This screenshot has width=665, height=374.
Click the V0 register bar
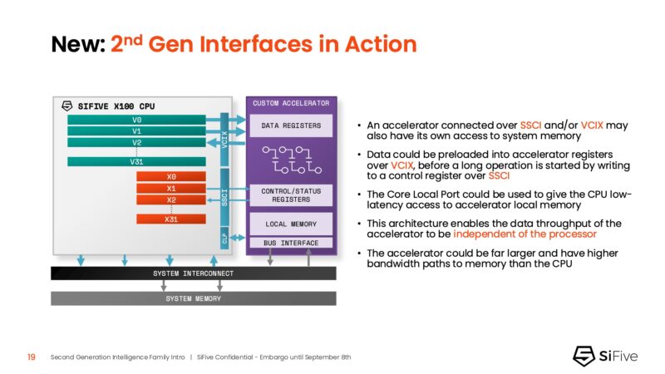(x=135, y=120)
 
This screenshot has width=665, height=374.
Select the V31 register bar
(x=135, y=161)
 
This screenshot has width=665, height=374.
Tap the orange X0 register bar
(x=171, y=177)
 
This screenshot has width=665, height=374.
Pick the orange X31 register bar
(x=171, y=219)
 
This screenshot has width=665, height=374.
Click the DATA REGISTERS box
(x=291, y=125)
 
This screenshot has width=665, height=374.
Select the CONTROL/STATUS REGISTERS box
(x=291, y=195)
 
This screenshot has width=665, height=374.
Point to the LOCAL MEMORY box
(x=291, y=224)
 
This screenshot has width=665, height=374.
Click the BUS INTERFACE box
(x=291, y=243)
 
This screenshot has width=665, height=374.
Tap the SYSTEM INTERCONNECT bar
(x=193, y=273)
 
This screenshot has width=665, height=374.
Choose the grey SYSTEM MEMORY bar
(x=193, y=298)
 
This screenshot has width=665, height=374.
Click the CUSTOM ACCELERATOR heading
(x=291, y=103)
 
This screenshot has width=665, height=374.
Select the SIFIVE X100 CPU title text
(x=115, y=106)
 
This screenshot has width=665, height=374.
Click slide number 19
(x=31, y=357)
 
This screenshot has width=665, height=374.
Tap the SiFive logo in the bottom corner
(x=606, y=356)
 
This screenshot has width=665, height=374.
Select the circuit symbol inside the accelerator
(x=291, y=160)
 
